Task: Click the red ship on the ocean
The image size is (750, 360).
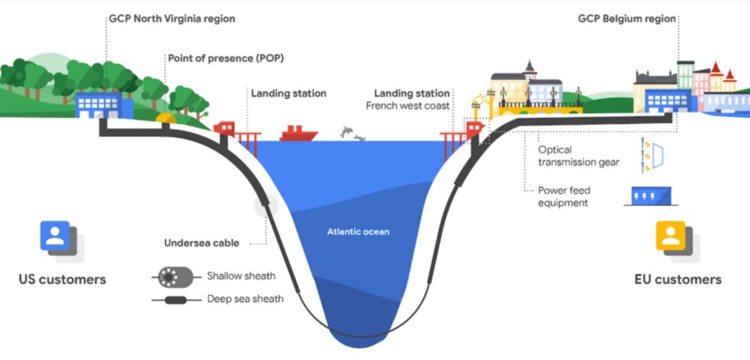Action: click(x=299, y=134)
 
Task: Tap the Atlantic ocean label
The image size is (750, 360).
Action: click(x=358, y=232)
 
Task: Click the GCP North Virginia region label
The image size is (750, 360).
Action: click(x=172, y=19)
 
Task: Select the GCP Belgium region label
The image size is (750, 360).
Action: click(x=626, y=19)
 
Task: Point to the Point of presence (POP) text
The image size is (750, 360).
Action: click(x=225, y=58)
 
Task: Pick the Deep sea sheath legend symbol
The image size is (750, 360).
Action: click(x=175, y=300)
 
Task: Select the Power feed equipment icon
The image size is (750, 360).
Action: click(x=651, y=196)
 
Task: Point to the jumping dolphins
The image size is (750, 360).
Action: click(x=352, y=133)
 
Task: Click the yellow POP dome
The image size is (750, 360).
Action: click(x=166, y=118)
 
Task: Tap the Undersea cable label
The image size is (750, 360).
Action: click(x=202, y=244)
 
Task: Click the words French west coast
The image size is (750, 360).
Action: click(x=408, y=105)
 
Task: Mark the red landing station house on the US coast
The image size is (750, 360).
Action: click(x=225, y=128)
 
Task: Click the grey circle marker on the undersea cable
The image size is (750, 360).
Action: click(x=266, y=206)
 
